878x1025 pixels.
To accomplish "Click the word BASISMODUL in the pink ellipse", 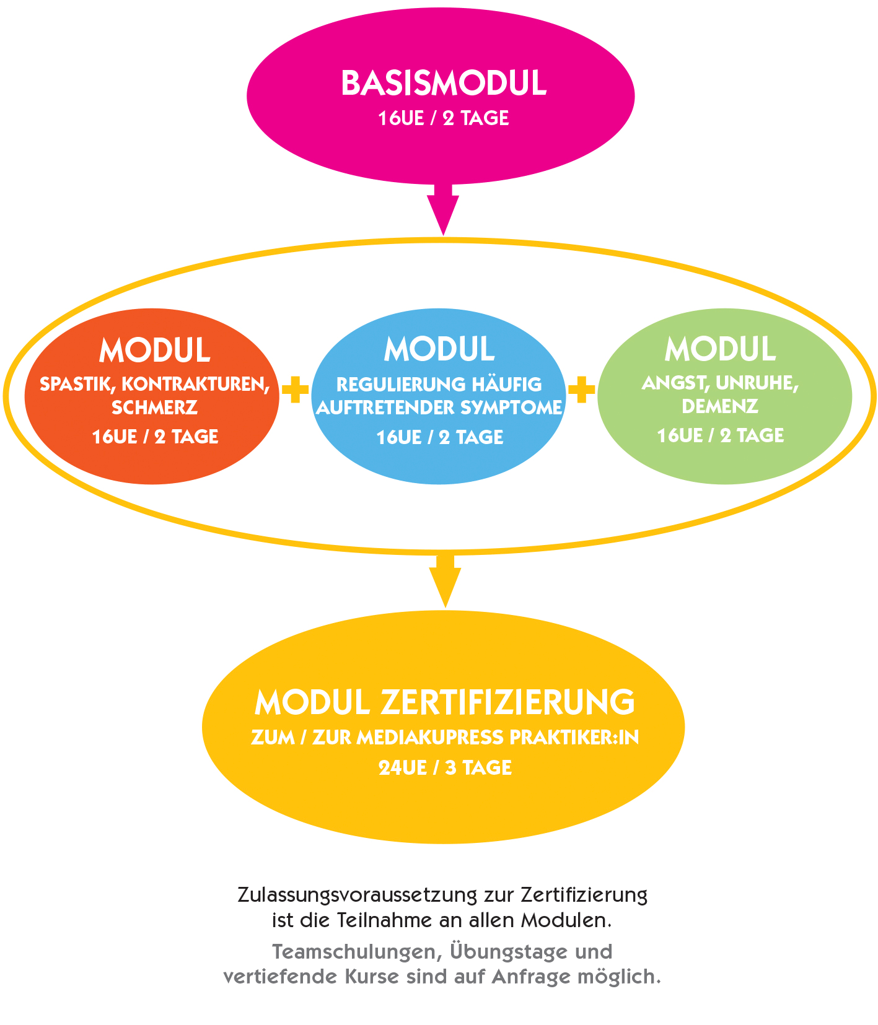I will [x=444, y=84].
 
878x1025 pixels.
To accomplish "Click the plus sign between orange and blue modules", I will [x=295, y=390].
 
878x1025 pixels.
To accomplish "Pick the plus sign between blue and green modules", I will [x=581, y=390].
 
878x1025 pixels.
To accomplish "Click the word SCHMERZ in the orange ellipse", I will [x=154, y=408].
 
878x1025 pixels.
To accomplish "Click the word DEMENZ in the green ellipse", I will [x=720, y=406].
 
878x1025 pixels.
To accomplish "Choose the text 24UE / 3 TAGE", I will [x=445, y=768].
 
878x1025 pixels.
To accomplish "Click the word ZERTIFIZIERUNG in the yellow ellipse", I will [x=507, y=702].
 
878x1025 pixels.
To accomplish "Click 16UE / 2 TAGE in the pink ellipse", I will [x=444, y=118].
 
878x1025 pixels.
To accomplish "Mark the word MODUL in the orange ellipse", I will [x=154, y=351].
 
